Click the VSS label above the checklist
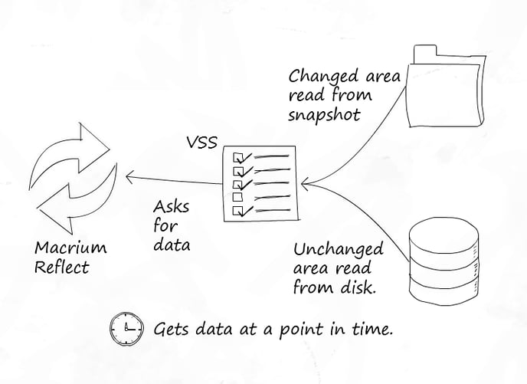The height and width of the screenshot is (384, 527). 202,143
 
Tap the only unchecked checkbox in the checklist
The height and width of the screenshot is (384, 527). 237,197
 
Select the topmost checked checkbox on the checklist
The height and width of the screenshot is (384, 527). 237,158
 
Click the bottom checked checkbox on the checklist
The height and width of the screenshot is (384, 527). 237,209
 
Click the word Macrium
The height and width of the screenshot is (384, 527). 70,248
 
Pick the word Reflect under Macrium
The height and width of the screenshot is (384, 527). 61,267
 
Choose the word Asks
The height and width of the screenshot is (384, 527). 170,208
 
